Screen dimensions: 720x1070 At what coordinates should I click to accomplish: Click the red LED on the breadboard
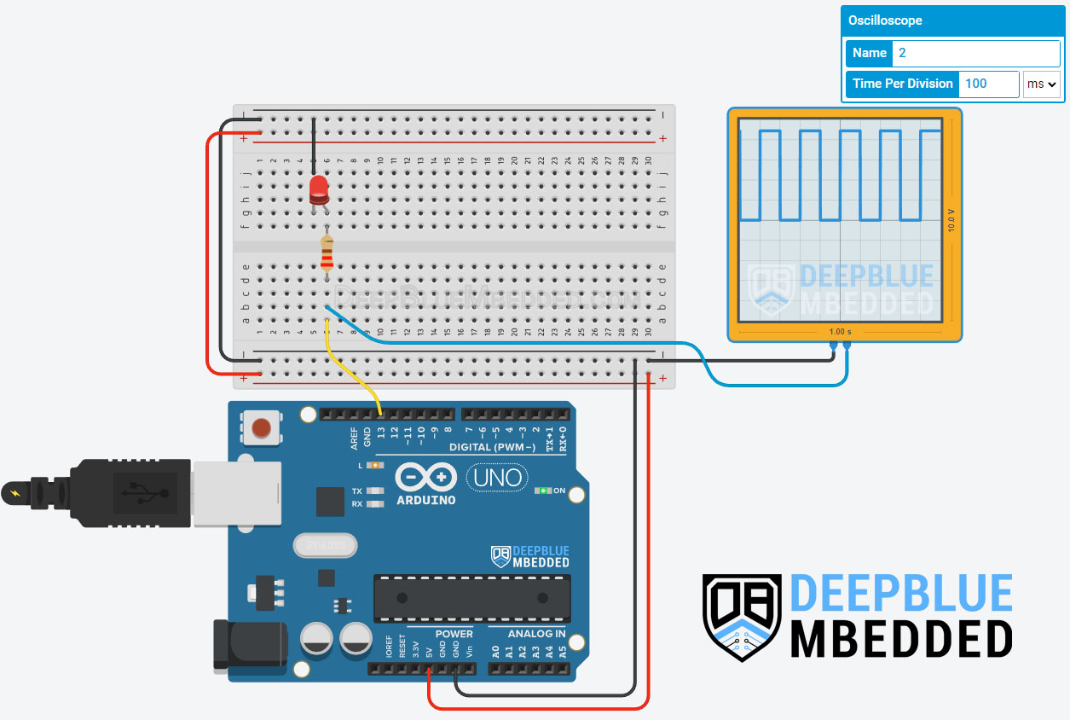point(320,189)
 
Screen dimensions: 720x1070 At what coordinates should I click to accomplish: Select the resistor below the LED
point(327,253)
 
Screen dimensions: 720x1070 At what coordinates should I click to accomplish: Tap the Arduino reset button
point(263,427)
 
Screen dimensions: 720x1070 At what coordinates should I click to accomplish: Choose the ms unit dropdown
point(1041,84)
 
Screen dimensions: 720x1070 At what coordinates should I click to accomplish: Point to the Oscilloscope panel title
point(885,20)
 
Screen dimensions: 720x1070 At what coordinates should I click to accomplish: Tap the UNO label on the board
point(498,478)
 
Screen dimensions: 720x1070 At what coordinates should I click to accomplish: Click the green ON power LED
point(541,491)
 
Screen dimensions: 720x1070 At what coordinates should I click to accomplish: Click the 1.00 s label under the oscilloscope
point(842,331)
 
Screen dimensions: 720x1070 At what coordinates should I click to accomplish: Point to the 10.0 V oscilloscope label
point(951,222)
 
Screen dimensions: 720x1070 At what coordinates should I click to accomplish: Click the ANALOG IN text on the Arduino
point(536,634)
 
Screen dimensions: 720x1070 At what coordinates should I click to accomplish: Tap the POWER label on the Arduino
point(454,634)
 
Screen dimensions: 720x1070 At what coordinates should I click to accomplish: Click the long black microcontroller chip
point(471,598)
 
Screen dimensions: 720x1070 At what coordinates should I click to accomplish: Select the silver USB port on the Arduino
point(237,492)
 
